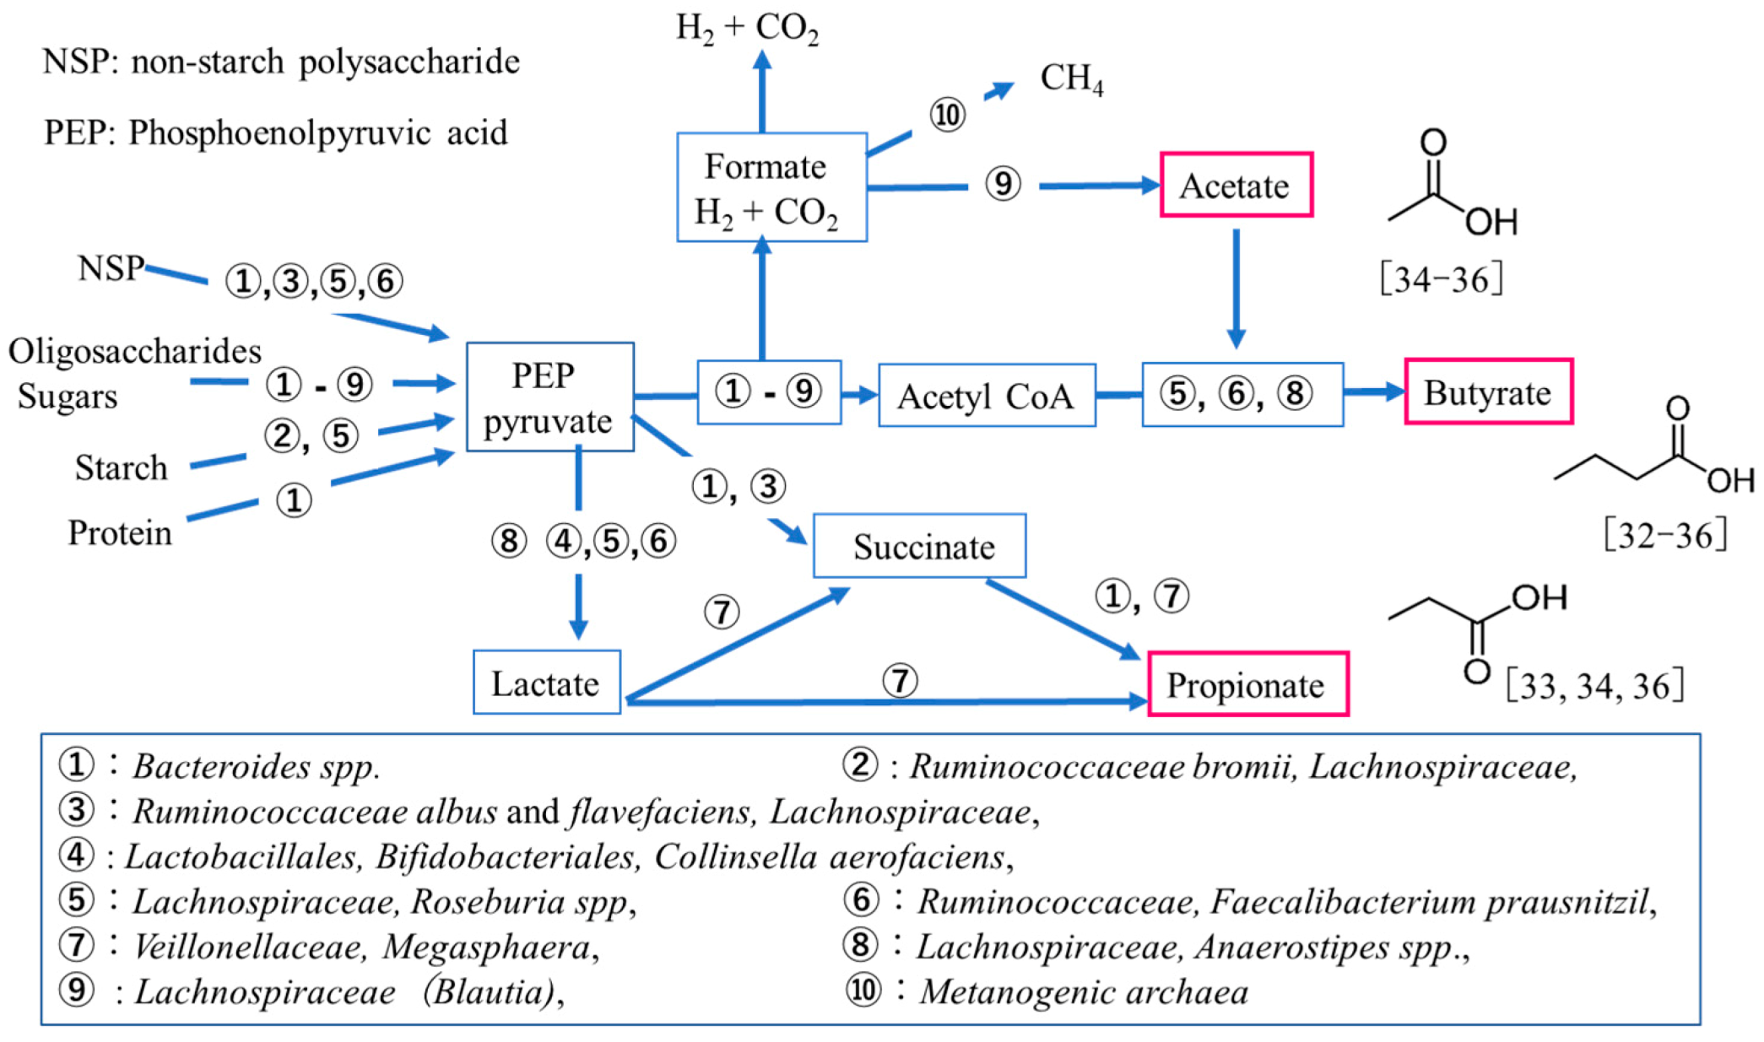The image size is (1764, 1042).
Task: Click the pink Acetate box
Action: (x=1236, y=186)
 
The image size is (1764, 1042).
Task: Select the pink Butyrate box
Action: (x=1488, y=392)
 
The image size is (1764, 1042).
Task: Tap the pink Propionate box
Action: (x=1247, y=684)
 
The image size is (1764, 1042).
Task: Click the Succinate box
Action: (x=919, y=547)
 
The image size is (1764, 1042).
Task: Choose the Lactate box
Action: (x=546, y=683)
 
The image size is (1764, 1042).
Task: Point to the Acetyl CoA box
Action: (x=986, y=396)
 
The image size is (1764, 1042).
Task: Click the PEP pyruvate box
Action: (x=549, y=397)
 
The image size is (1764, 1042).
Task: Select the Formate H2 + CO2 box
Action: (x=771, y=188)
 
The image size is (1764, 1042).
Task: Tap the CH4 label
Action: (x=1070, y=78)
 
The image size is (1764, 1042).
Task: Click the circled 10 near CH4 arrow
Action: (x=947, y=115)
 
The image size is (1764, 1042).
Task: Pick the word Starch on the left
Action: (x=121, y=467)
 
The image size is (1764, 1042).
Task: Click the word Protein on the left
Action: (x=119, y=533)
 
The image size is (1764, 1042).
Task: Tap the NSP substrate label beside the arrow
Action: (x=110, y=268)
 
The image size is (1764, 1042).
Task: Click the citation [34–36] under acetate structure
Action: (x=1441, y=279)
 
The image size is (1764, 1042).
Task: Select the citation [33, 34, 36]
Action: (x=1594, y=685)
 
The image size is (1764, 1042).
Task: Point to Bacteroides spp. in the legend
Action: (x=256, y=766)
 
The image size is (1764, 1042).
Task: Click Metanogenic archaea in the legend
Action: (x=1083, y=991)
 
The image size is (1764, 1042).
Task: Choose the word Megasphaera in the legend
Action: (x=486, y=947)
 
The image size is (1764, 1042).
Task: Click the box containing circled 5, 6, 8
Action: (x=1242, y=394)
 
